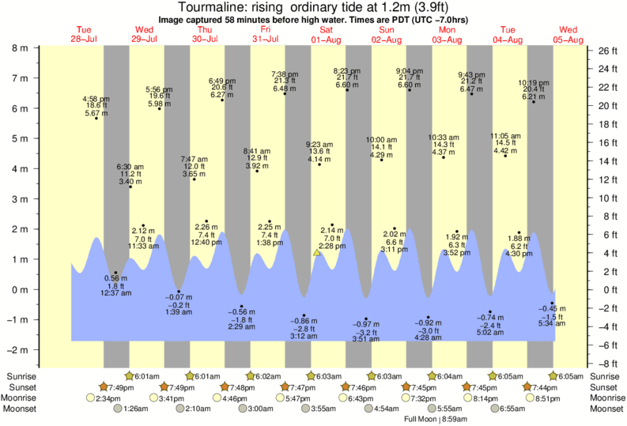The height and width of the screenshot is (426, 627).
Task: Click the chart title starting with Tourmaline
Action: click(313, 8)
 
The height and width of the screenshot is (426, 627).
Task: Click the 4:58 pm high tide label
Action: click(96, 106)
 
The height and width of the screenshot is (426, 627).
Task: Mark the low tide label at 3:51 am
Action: click(365, 332)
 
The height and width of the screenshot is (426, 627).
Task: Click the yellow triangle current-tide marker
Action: click(317, 253)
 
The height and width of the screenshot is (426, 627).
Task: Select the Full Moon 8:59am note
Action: click(432, 419)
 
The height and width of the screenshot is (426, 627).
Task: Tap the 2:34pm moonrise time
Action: click(108, 398)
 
